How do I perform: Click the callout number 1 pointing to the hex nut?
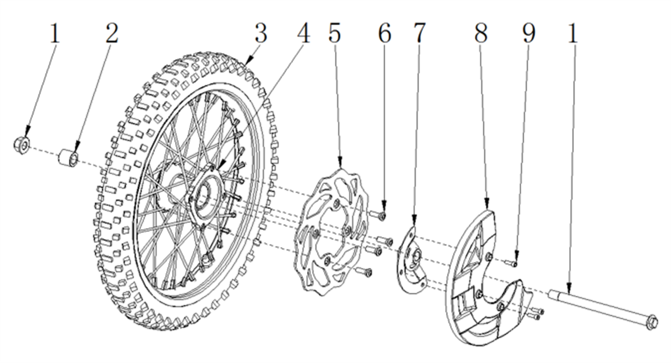coord(54,34)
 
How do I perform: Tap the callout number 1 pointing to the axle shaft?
coord(573,34)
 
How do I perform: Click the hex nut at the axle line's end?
coord(22,146)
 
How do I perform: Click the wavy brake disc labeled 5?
coord(330,233)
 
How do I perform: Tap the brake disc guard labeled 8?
coord(489,277)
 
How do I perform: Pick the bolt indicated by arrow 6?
coord(377,215)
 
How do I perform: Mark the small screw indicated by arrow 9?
coord(511,263)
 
